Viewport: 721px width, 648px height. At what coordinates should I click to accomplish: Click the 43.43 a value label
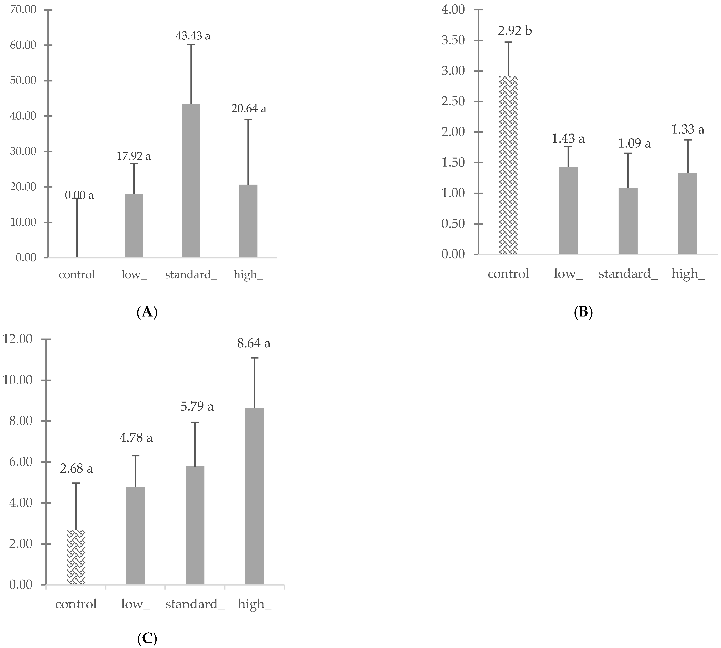pyautogui.click(x=193, y=36)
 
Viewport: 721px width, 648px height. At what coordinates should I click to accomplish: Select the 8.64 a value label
pyautogui.click(x=254, y=343)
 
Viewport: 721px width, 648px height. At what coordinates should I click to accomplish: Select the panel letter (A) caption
pyautogui.click(x=147, y=312)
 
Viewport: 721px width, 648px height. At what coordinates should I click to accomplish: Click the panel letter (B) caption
pyautogui.click(x=583, y=312)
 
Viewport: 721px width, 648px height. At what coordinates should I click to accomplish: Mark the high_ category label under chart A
pyautogui.click(x=248, y=274)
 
